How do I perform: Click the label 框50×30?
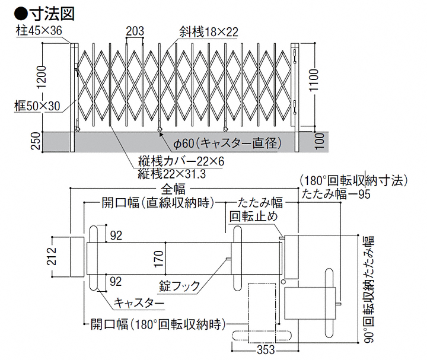pos(37,106)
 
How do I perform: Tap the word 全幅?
pos(173,189)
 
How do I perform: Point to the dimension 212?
pos(54,256)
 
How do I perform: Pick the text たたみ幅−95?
pos(336,193)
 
